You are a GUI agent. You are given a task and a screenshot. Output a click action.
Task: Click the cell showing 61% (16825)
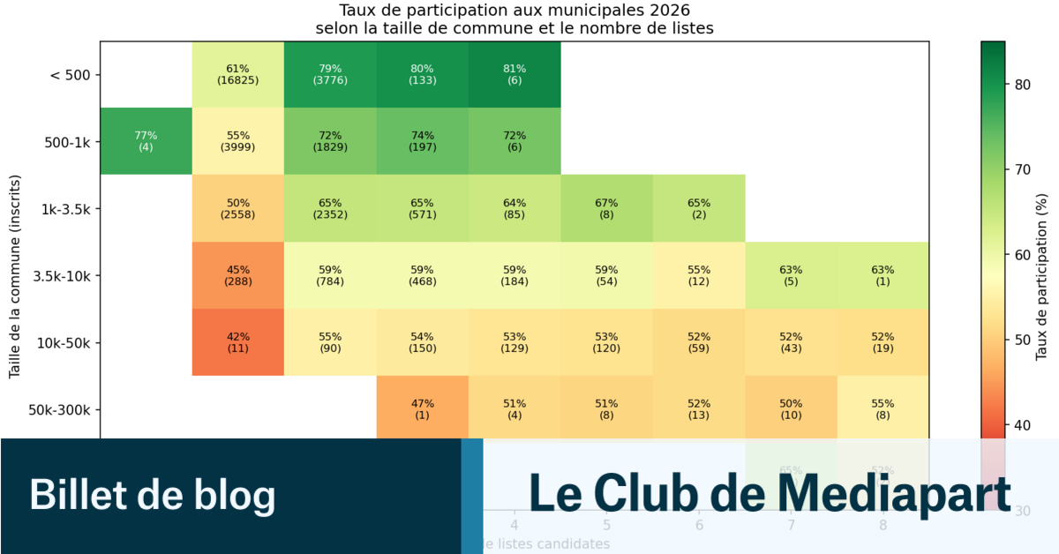point(238,74)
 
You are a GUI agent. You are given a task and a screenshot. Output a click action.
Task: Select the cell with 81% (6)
point(514,74)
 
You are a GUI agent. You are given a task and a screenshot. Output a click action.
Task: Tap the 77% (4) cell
point(146,141)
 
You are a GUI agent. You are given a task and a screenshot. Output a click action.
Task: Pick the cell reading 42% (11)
point(238,342)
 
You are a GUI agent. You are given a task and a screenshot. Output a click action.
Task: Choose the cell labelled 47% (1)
point(422,409)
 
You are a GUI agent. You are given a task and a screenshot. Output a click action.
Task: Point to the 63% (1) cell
point(882,275)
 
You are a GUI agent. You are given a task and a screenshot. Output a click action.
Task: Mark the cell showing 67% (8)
point(606,208)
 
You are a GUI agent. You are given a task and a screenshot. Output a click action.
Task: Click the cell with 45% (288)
point(238,275)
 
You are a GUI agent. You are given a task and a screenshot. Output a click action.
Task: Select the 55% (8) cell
point(882,409)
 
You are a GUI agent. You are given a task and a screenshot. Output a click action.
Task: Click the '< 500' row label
point(69,75)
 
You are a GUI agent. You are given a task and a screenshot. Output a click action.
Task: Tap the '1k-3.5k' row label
point(64,209)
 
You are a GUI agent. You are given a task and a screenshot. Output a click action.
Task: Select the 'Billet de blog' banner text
point(152,494)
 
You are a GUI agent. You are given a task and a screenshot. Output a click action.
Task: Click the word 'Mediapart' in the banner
point(894,492)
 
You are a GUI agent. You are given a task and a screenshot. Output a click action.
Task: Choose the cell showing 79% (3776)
point(330,74)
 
